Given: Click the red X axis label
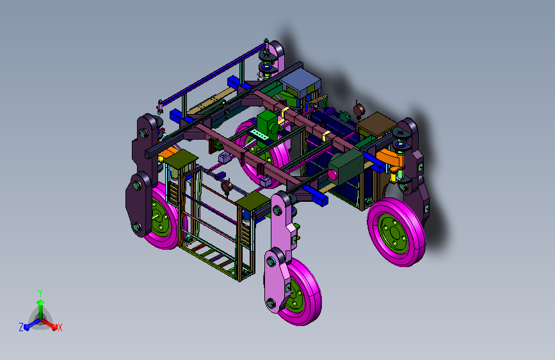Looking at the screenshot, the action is (60, 327).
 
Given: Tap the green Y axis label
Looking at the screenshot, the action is (40, 293).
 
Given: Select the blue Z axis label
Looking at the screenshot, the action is (21, 327).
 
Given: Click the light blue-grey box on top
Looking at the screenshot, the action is (301, 82).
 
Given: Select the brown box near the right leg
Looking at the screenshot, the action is (376, 125).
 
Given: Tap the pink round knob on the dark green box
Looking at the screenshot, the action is (332, 175).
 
